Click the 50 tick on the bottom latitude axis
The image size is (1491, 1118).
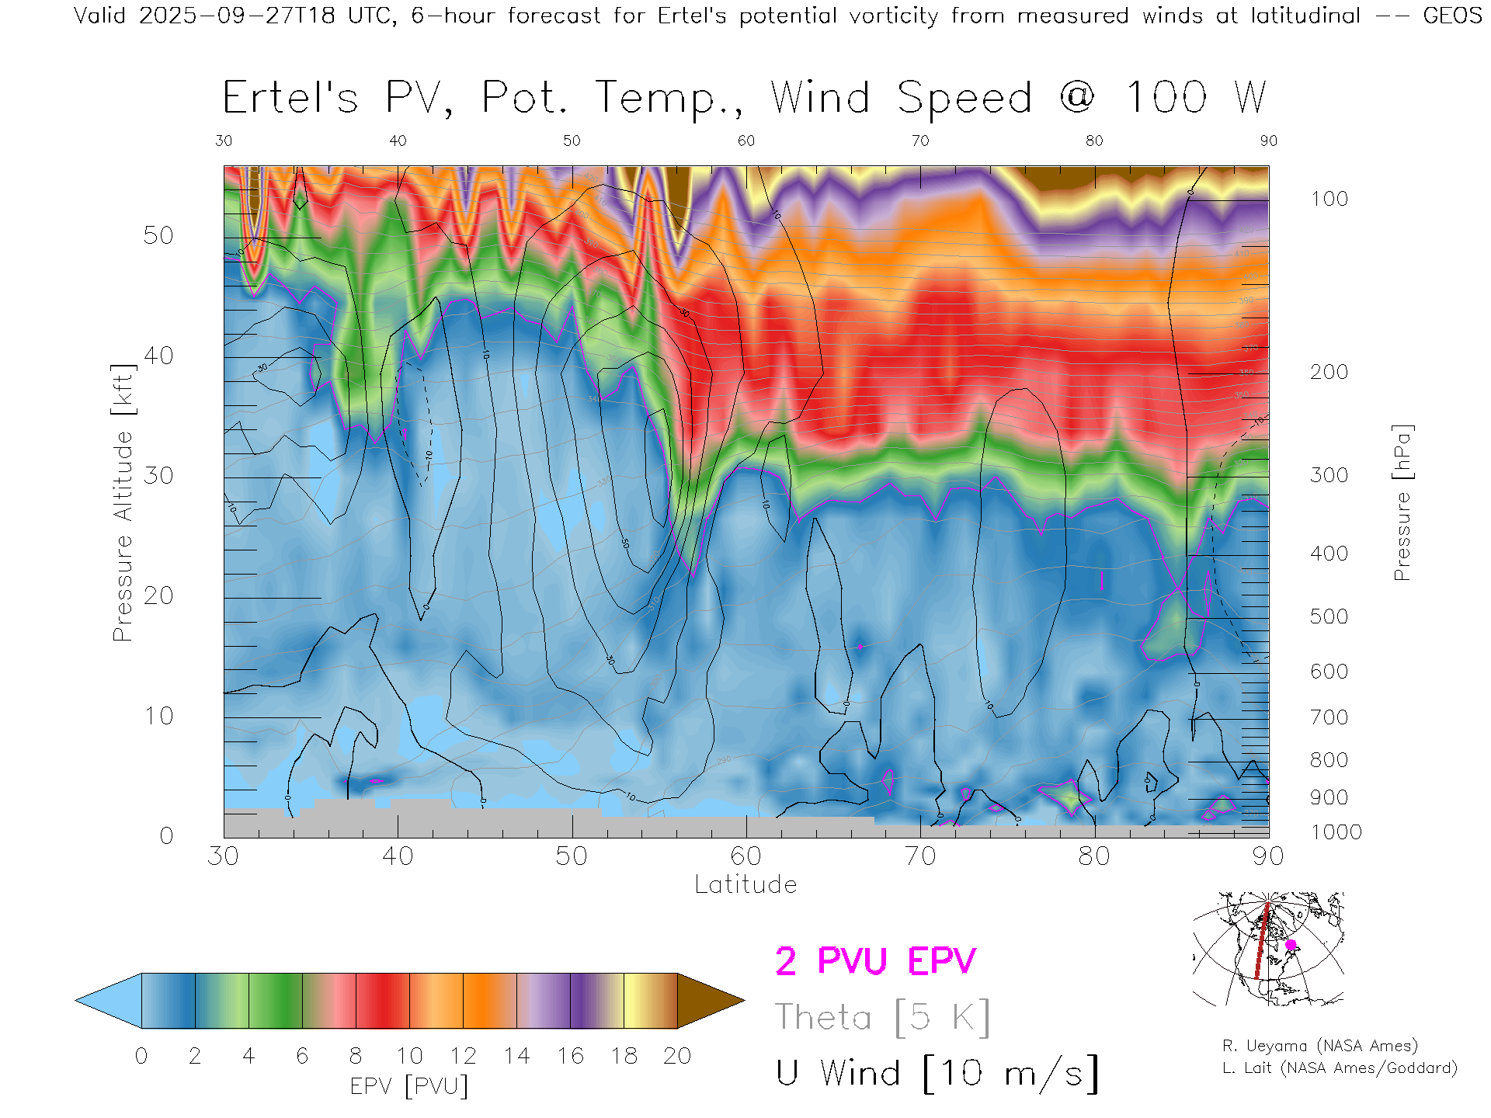point(572,856)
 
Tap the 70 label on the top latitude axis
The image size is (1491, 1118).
point(919,141)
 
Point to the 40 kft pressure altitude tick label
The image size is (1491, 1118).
point(158,356)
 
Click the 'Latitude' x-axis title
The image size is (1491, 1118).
point(745,885)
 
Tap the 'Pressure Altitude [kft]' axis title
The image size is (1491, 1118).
point(123,502)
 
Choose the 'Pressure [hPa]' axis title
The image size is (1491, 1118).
point(1402,502)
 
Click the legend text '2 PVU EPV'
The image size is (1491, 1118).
point(875,961)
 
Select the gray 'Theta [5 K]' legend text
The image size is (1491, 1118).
point(882,1017)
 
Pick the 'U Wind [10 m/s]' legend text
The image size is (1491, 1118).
point(937,1074)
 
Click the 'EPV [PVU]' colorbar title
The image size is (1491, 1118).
point(409,1086)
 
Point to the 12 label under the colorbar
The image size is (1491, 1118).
point(463,1056)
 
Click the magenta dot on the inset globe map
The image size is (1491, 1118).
point(1291,945)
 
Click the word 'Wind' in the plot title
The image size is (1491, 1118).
point(820,98)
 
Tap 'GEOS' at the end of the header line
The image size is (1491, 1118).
point(1452,16)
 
